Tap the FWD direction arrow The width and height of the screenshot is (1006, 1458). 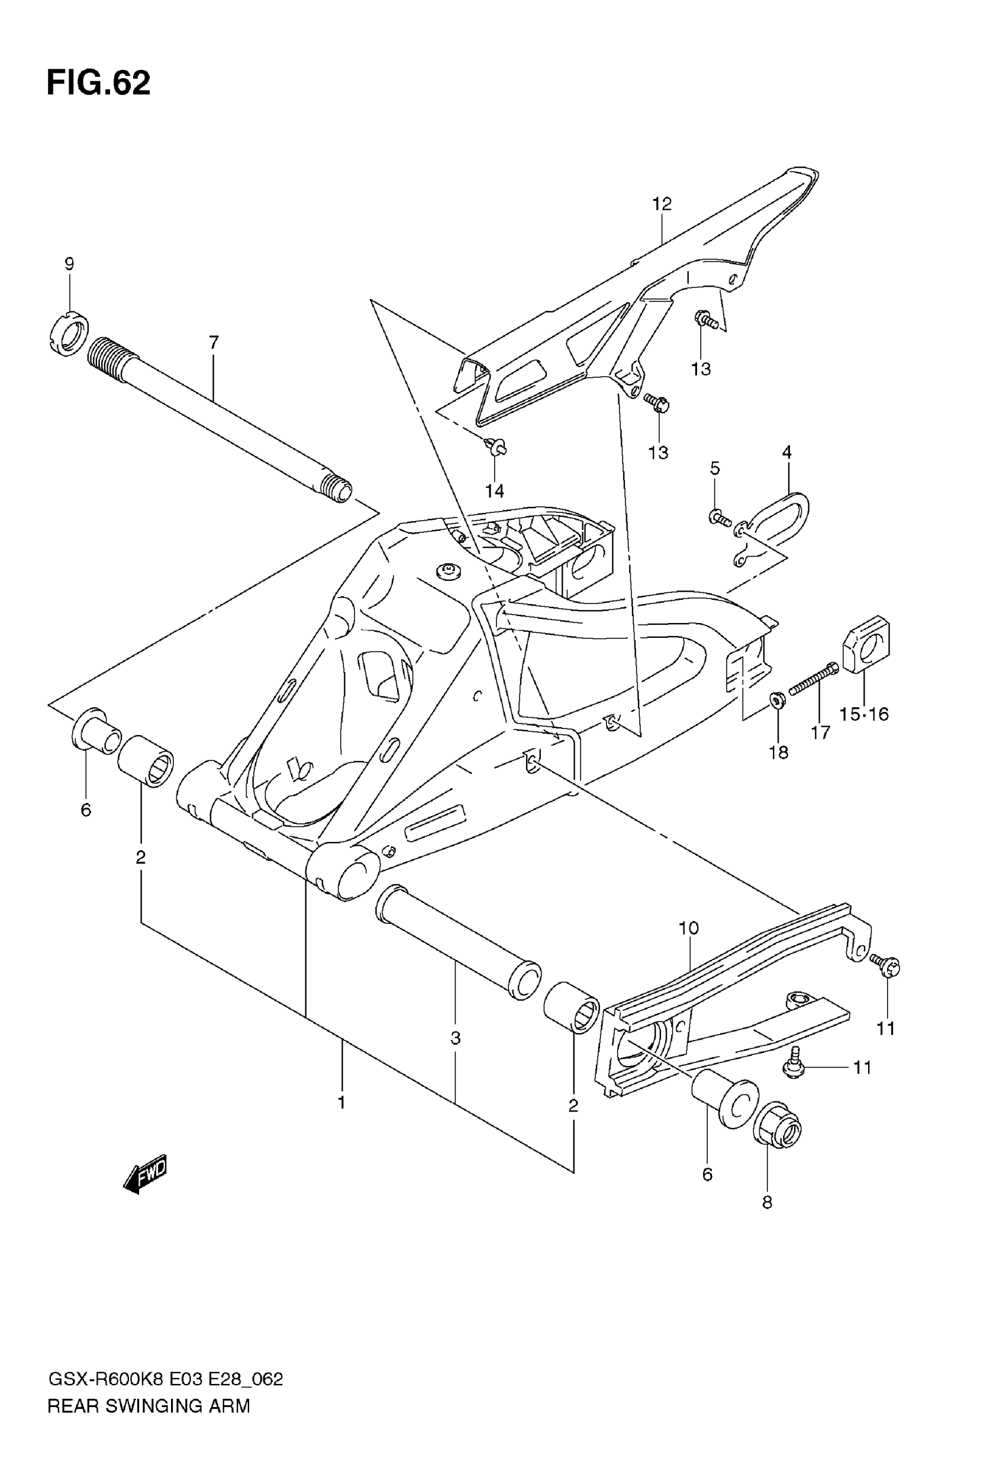point(146,1174)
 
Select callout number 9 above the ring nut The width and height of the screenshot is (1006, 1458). point(69,264)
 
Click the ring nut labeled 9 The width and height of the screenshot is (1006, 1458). point(68,334)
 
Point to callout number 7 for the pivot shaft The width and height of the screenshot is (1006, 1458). point(214,342)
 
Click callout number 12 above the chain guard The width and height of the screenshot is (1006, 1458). point(662,204)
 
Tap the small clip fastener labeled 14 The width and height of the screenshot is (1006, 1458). point(495,448)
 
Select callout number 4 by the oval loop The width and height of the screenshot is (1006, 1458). point(786,452)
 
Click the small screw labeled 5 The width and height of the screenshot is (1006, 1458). point(720,519)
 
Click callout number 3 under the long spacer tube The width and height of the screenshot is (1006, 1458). point(456,1037)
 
